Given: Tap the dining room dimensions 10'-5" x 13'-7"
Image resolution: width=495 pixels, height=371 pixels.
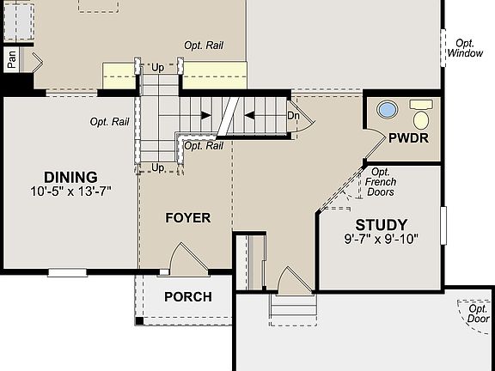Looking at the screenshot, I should click(70, 192).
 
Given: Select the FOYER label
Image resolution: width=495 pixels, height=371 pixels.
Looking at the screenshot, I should click(187, 218).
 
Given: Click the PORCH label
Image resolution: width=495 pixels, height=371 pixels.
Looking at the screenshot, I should click(187, 297).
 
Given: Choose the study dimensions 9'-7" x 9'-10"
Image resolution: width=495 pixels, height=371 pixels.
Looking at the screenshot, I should click(381, 240).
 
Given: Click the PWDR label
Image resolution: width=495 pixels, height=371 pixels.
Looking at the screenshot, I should click(403, 137).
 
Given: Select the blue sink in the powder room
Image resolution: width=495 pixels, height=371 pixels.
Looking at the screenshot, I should click(388, 110).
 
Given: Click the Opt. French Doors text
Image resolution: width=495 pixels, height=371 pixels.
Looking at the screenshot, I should click(380, 182).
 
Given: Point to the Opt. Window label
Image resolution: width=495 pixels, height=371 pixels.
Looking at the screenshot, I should click(465, 48).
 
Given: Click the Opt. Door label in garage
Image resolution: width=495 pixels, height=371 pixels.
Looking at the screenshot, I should click(478, 314).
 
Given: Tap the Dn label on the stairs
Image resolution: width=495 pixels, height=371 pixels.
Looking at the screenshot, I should click(293, 115).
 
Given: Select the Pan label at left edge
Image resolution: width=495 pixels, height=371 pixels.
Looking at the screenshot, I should click(12, 59).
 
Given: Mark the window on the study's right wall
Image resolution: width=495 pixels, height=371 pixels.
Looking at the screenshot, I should click(443, 225).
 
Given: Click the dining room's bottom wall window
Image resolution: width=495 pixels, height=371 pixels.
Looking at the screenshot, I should click(66, 273).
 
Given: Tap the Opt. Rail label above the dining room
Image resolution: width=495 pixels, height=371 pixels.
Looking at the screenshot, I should click(109, 122).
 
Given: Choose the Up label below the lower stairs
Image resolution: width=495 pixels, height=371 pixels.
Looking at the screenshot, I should click(158, 167).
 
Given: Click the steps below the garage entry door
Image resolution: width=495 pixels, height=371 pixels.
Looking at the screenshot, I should click(292, 311).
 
